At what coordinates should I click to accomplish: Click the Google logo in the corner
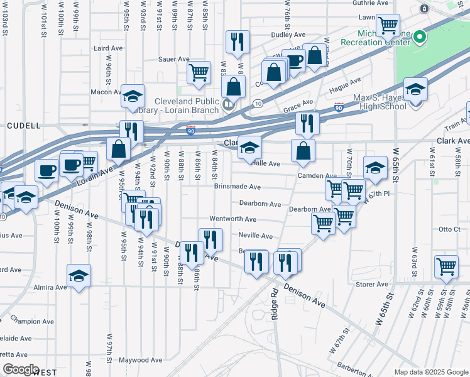(x=21, y=369)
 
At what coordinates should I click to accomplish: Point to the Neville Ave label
(x=255, y=236)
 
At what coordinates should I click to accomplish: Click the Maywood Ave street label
(x=143, y=361)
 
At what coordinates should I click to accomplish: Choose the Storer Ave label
(x=373, y=285)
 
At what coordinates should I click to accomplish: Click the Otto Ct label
(x=450, y=229)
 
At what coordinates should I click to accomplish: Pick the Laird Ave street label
(x=108, y=48)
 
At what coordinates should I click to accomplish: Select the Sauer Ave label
(x=175, y=59)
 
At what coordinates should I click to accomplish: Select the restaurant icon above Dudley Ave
(x=238, y=42)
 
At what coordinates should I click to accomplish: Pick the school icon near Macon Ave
(x=133, y=96)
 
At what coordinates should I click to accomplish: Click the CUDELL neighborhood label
(x=23, y=126)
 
